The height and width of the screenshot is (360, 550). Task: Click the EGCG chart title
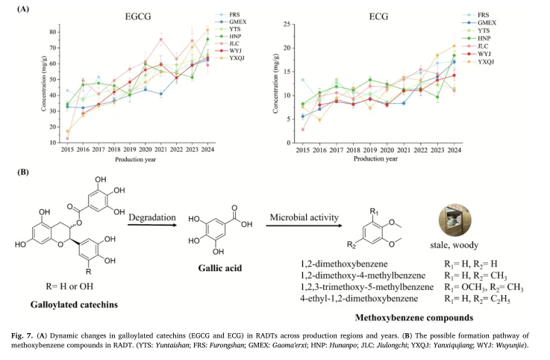(x=138, y=16)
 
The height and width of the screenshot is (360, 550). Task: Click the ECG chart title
(x=378, y=16)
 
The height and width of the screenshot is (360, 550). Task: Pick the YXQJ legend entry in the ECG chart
(x=479, y=61)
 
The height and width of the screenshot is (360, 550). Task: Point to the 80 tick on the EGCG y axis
(x=53, y=32)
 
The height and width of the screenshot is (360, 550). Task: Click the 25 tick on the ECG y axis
(x=287, y=24)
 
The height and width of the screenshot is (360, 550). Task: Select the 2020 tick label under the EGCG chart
(x=146, y=149)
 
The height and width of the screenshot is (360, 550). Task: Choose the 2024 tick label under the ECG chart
(x=454, y=150)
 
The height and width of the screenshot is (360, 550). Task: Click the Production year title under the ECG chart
(x=375, y=159)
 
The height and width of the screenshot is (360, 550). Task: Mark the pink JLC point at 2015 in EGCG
(x=67, y=139)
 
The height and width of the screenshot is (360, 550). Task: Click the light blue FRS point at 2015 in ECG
(x=303, y=80)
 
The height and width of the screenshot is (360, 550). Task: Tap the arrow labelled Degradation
(x=152, y=225)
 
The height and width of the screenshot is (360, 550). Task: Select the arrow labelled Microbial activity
(x=304, y=225)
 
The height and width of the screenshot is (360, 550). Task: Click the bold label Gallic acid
(x=220, y=268)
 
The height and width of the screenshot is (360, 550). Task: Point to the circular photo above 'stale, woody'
(x=455, y=220)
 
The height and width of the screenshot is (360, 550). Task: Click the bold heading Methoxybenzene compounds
(x=414, y=318)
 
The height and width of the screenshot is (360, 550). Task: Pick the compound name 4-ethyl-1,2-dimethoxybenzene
(x=359, y=299)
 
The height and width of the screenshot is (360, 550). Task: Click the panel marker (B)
(x=23, y=172)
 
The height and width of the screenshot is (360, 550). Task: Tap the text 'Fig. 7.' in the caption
(x=22, y=335)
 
